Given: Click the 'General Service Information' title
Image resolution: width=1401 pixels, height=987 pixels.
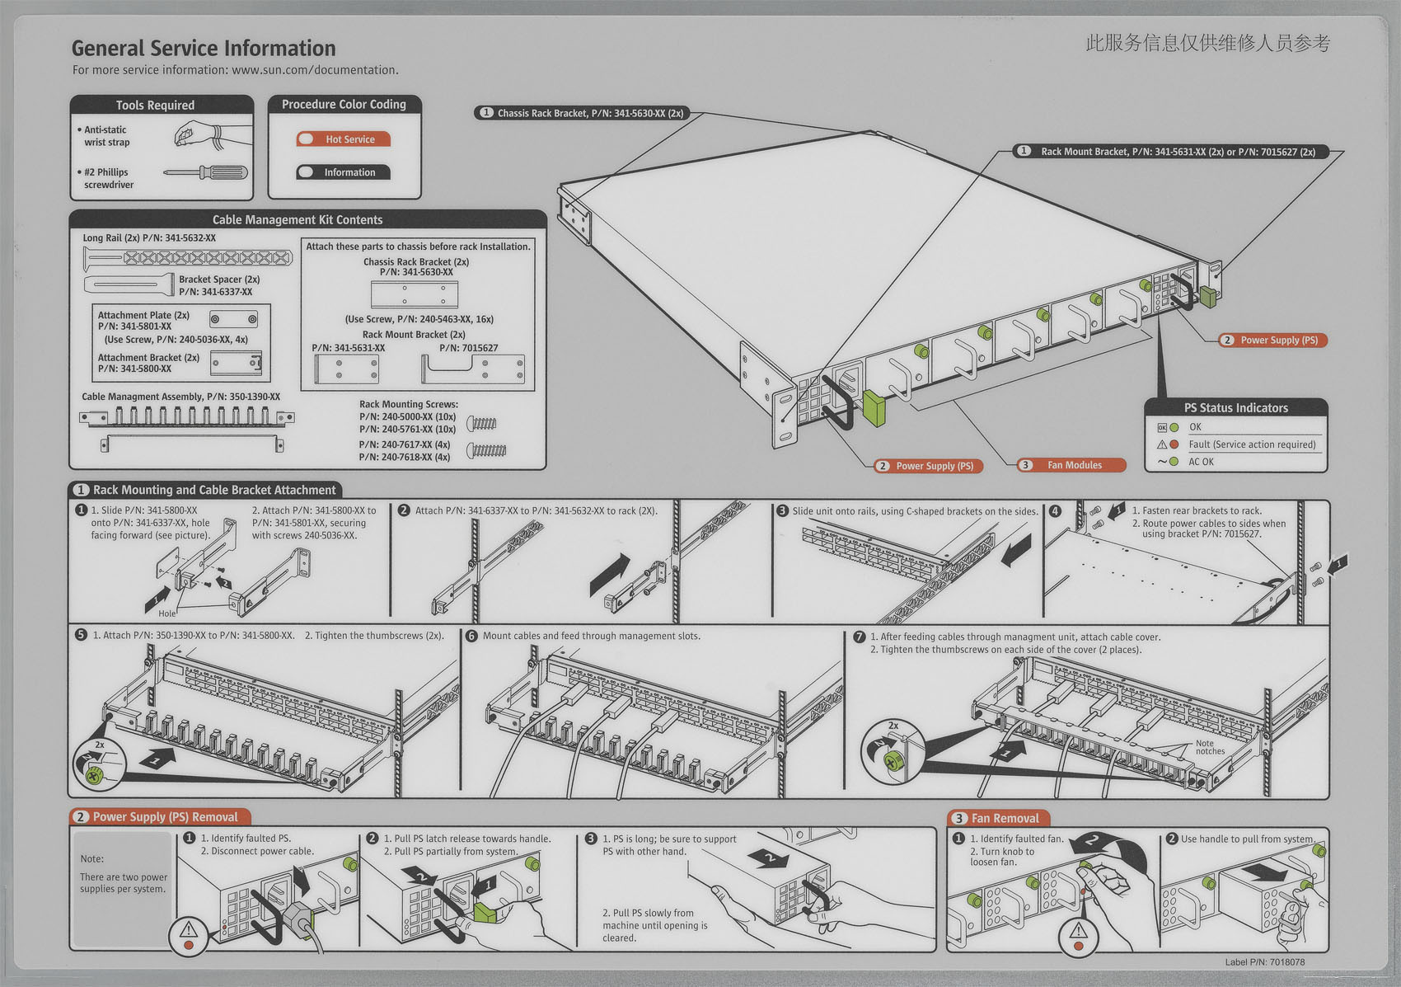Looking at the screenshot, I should (204, 49).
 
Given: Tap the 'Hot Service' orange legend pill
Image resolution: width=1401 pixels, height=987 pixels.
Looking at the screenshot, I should (344, 139).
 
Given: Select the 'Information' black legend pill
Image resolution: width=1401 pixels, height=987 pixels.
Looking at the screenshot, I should (344, 172).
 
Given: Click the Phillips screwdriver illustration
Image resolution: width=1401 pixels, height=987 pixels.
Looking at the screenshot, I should (205, 172).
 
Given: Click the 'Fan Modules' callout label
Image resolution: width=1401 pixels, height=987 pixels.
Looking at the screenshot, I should (1072, 465).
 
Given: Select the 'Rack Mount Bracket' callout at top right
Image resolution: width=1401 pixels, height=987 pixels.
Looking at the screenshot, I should (1170, 152).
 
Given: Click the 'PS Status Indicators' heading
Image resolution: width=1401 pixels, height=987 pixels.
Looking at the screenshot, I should (1235, 407).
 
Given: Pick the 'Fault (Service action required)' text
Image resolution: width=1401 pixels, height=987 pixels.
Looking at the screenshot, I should (1251, 444).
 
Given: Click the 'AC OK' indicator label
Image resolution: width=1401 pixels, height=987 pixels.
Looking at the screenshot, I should (1201, 462).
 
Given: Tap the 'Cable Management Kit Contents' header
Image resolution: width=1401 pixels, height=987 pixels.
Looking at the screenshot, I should (297, 220).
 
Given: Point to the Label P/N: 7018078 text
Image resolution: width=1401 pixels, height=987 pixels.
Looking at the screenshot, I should (1264, 961).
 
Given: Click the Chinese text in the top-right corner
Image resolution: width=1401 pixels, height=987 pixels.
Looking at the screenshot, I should (1207, 43).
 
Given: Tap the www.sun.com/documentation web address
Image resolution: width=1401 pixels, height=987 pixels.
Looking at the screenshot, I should (315, 70).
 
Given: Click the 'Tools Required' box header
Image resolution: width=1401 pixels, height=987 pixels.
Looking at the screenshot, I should (155, 106).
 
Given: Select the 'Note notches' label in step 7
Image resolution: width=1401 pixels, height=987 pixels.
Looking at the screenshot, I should (1209, 747).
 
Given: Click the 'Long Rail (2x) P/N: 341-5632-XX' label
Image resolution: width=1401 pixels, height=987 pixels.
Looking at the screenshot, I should (149, 238).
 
